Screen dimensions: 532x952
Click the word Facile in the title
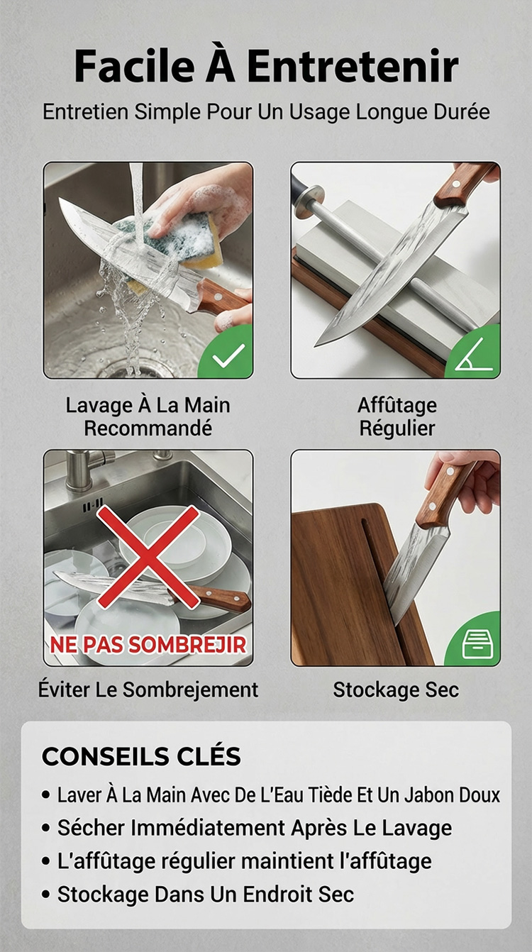134,67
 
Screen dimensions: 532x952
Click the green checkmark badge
226,353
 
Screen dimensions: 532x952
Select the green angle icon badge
474,353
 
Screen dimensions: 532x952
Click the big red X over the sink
148,556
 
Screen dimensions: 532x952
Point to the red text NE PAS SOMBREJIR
148,645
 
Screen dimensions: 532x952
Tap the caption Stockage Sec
396,690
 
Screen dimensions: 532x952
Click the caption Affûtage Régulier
397,416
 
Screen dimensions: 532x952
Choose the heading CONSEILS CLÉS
141,756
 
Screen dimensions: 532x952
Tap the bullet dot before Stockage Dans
46,895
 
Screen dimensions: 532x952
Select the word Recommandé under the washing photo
148,428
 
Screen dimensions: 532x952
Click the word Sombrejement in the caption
190,690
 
